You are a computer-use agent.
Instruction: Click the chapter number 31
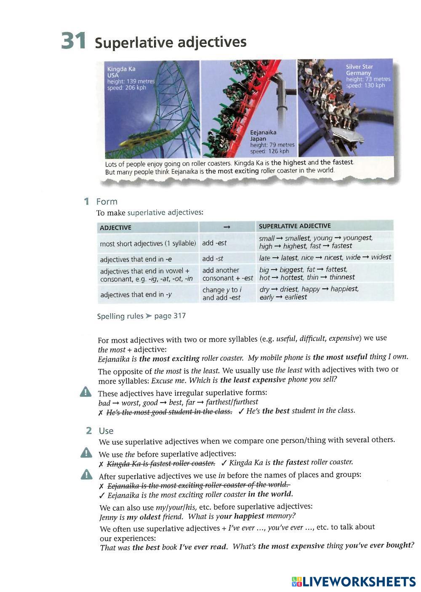click(x=74, y=41)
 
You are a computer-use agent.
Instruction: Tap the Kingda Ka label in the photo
click(x=121, y=69)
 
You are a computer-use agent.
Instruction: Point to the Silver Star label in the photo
click(x=359, y=67)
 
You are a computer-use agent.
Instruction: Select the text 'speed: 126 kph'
click(x=269, y=151)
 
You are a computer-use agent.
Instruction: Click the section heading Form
click(x=107, y=202)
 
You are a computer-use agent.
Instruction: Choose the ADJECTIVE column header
click(x=115, y=228)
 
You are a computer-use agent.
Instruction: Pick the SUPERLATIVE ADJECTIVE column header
click(x=295, y=226)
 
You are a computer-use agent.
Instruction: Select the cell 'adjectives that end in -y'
click(x=136, y=294)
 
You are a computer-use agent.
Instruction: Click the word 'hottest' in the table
click(x=292, y=277)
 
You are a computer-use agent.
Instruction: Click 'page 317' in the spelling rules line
click(x=170, y=316)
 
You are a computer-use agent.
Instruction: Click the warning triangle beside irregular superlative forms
click(x=85, y=392)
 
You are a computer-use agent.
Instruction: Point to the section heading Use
click(x=106, y=431)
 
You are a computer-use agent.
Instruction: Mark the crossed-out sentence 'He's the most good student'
click(x=169, y=412)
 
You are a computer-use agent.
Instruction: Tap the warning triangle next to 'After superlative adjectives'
click(x=86, y=475)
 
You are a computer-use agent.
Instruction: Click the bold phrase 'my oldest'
click(x=144, y=517)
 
